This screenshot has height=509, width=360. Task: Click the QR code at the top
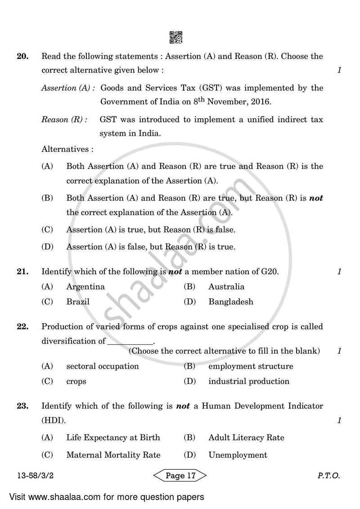(176, 38)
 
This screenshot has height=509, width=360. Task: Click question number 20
(23, 57)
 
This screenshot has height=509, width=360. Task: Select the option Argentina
(85, 287)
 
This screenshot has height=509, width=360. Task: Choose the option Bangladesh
(231, 302)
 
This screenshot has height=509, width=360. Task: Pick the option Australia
(226, 287)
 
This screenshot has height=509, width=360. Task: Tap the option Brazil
(78, 302)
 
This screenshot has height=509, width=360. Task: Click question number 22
(23, 327)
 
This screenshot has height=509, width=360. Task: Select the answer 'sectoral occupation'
(103, 366)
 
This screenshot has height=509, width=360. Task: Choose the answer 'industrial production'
(249, 382)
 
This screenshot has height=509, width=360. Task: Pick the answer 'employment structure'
(251, 366)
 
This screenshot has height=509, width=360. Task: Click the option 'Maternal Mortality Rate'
(113, 455)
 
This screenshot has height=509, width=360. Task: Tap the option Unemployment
(238, 455)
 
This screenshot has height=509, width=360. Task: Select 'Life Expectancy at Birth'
(113, 437)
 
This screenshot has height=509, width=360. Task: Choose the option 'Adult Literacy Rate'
(246, 437)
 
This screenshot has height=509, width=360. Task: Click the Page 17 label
(180, 476)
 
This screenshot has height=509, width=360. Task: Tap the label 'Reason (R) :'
(65, 120)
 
